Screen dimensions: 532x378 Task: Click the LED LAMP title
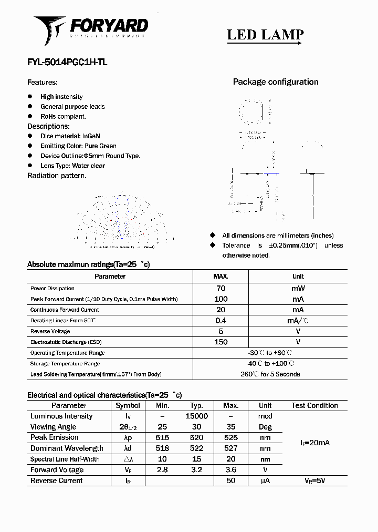tap(265, 35)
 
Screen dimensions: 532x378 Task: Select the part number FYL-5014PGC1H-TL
tap(67, 62)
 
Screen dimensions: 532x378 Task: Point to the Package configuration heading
tap(276, 82)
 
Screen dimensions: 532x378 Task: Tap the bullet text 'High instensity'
tap(61, 97)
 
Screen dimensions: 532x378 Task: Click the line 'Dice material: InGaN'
tap(70, 136)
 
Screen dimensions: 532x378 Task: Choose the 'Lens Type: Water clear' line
tap(72, 166)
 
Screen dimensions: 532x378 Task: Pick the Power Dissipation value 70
tap(220, 288)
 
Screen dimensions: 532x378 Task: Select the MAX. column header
tap(220, 277)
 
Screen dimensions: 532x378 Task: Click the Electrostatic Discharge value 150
tap(221, 342)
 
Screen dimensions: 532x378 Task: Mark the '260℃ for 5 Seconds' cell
tap(270, 374)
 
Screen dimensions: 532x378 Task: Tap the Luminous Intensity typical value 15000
tap(197, 416)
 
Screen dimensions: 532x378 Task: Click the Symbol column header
tap(128, 405)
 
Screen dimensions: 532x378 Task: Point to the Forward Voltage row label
tap(57, 470)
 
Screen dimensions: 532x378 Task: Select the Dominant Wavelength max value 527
tap(231, 448)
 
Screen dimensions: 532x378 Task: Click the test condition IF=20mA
tap(315, 443)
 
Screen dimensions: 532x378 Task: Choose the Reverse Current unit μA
tap(265, 480)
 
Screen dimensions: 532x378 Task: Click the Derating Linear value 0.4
tap(220, 321)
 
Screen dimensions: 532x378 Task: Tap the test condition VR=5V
tap(315, 480)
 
